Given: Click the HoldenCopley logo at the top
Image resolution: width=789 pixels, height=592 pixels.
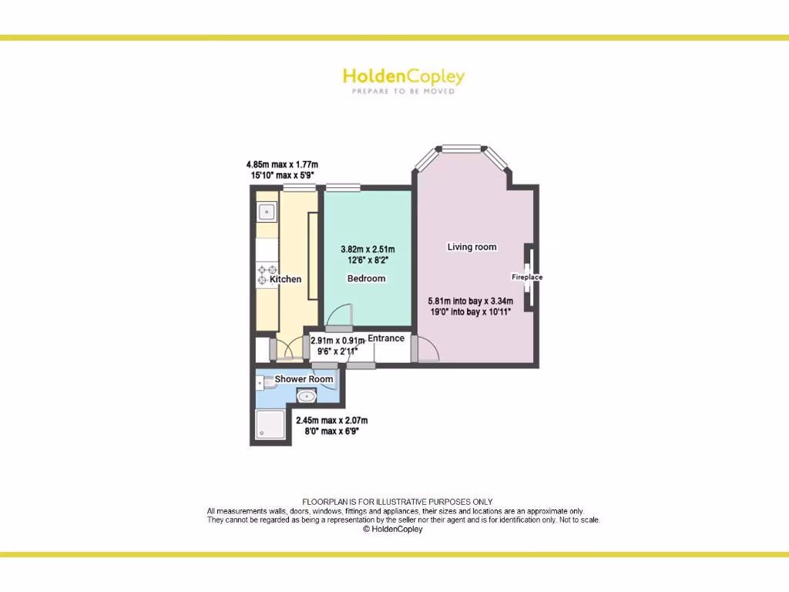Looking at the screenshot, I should click(403, 76).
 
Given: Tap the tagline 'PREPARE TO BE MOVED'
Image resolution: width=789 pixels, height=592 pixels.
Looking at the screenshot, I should click(403, 92).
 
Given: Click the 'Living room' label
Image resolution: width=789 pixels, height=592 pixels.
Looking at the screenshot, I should click(472, 247).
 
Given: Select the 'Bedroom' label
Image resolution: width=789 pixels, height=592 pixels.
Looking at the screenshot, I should click(366, 278).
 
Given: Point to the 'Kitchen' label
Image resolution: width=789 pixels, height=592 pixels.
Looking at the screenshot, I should click(285, 279).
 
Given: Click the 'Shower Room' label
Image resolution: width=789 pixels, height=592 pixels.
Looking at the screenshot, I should click(304, 379).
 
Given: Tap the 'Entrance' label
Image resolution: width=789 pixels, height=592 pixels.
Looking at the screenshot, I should click(385, 338).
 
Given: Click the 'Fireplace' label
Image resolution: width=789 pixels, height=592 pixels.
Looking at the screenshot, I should click(527, 277).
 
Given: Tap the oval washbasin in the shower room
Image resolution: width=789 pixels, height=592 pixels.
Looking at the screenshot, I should click(307, 397).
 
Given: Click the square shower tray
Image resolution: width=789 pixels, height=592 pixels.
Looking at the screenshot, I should click(270, 425).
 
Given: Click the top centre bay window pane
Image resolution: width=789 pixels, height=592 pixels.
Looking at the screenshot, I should click(461, 147).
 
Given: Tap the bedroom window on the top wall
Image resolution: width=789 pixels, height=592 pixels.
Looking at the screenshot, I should click(343, 187).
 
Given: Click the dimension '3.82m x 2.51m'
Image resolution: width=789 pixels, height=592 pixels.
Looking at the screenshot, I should click(368, 249).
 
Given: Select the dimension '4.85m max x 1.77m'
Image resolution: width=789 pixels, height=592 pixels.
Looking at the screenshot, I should click(282, 164).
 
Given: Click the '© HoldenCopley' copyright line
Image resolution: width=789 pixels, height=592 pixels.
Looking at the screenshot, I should click(393, 530).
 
